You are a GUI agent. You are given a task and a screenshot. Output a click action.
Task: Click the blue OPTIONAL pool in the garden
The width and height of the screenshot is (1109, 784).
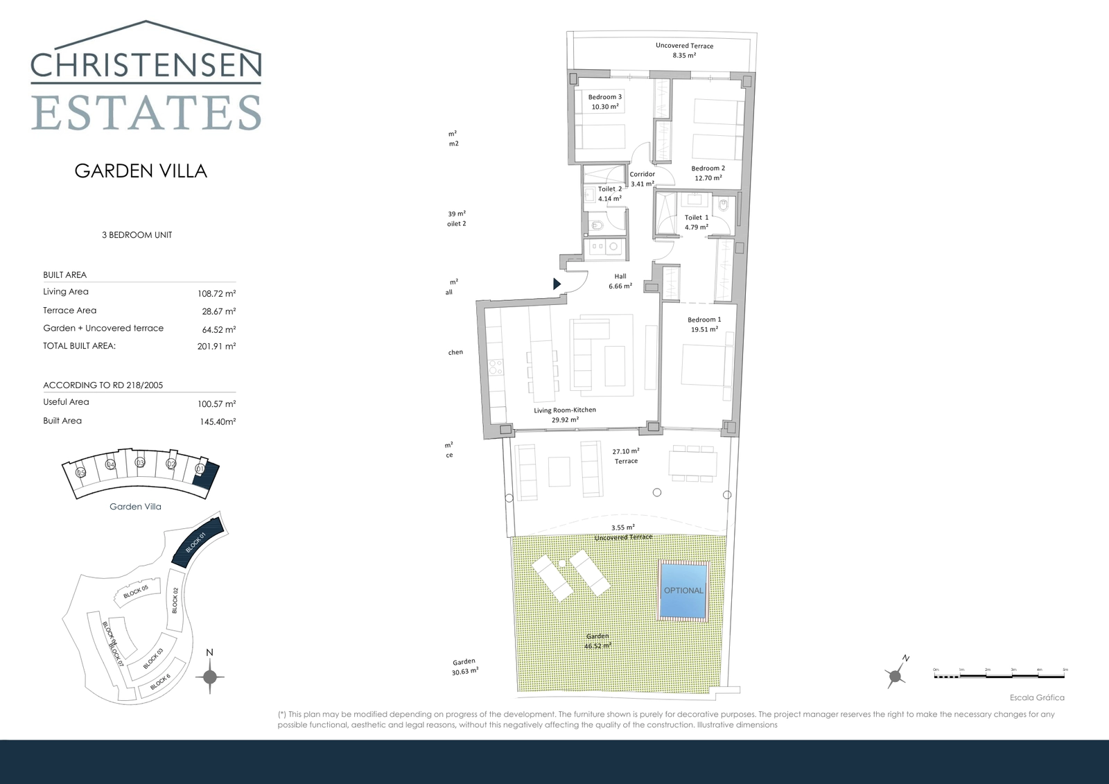pos(683,591)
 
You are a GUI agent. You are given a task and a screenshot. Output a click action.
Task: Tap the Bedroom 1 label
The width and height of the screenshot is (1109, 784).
pos(704,324)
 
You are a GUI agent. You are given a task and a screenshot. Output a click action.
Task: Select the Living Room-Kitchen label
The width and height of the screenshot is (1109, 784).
pos(565,415)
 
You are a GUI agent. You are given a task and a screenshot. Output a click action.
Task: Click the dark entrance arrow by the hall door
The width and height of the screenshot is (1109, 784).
pos(557,284)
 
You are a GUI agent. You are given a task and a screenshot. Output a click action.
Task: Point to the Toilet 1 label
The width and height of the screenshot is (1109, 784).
pos(697,222)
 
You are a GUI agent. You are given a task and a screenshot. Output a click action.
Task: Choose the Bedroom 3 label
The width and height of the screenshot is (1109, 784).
pos(605,102)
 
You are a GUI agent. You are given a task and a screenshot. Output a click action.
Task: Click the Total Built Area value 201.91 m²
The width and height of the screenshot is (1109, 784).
pos(216,347)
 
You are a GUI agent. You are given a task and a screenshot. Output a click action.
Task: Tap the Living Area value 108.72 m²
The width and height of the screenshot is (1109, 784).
pos(216,293)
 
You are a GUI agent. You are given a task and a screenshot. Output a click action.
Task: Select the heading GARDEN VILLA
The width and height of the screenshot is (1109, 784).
pos(141,171)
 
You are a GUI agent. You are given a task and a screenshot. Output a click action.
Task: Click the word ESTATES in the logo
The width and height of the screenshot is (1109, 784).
pos(146,113)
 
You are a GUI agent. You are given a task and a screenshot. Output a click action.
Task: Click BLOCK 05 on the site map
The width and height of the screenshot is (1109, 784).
pos(136,591)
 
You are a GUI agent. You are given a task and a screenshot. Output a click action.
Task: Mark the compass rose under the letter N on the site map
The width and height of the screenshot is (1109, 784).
pos(210,677)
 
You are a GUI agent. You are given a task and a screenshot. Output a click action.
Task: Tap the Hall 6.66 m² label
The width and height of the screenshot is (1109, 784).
pos(620,281)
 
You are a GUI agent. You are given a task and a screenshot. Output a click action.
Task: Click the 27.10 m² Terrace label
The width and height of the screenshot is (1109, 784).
pos(626,455)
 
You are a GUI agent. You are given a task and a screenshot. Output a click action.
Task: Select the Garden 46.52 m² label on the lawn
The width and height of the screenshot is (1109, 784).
pos(597,641)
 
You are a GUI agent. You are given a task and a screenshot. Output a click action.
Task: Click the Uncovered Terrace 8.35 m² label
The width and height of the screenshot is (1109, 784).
pos(684,50)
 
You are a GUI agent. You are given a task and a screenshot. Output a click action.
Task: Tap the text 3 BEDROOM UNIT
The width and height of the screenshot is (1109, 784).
pos(137,235)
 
